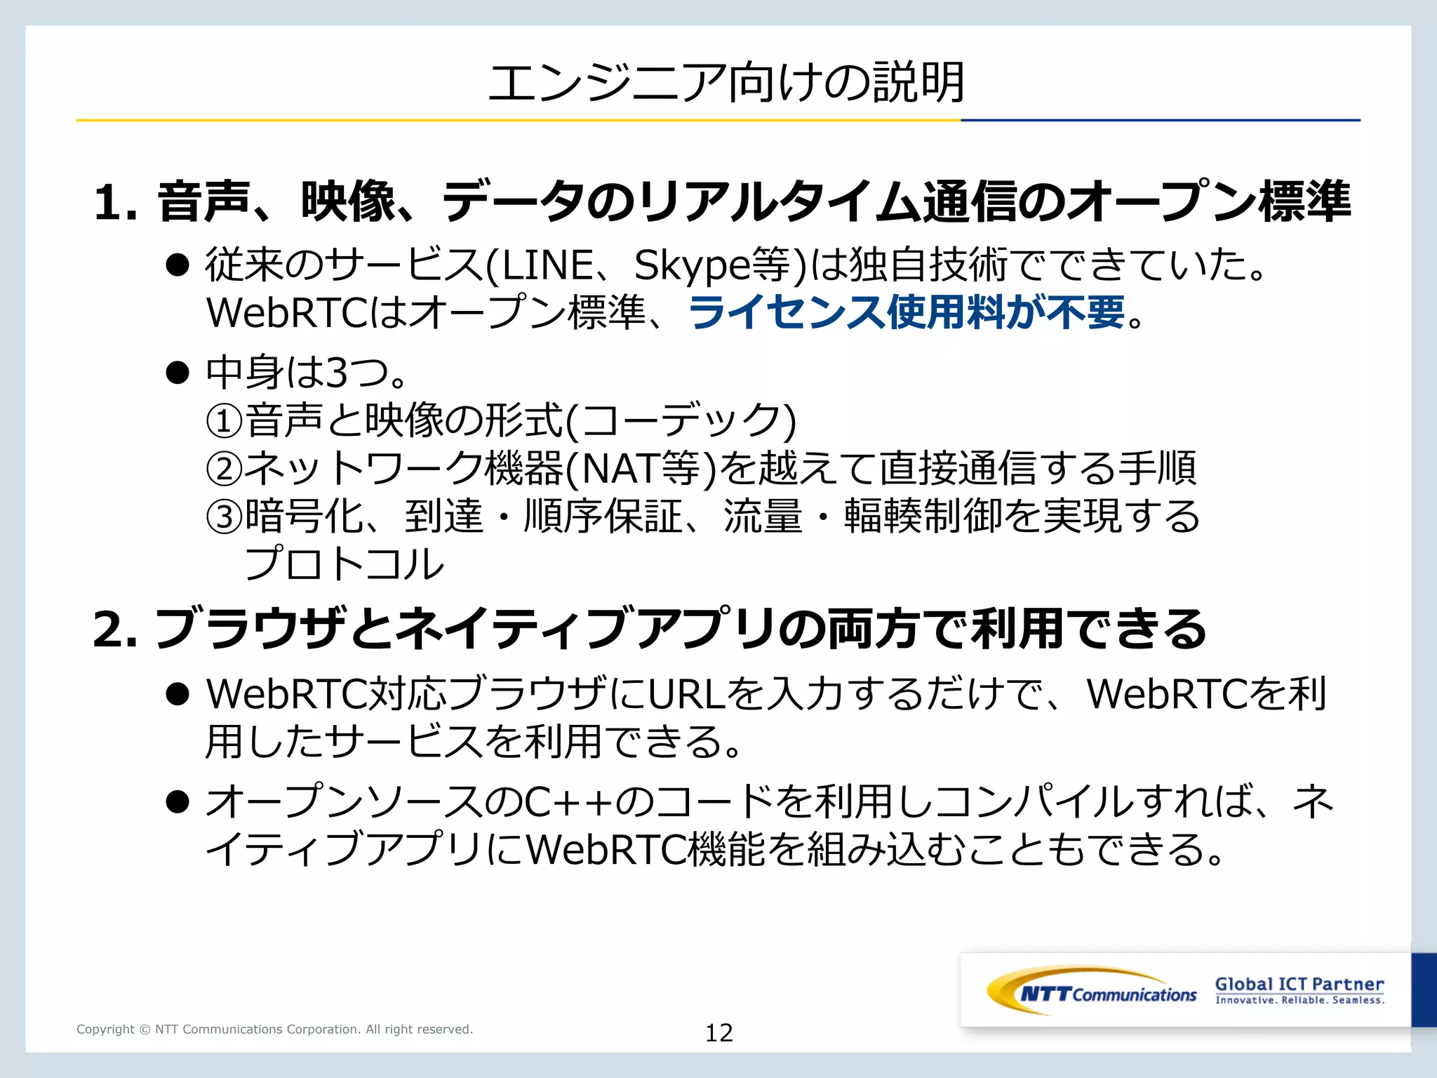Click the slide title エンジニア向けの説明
[x=726, y=83]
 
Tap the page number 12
[x=718, y=1032]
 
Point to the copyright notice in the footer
[x=274, y=1030]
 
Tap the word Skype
[x=691, y=267]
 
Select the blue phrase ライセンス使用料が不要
[x=907, y=312]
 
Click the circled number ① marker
[x=225, y=420]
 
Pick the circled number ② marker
[x=225, y=468]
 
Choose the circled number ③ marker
[x=225, y=517]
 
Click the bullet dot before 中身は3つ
[x=178, y=372]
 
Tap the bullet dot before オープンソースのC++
[x=178, y=801]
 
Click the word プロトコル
[x=344, y=564]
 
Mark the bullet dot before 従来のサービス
[x=178, y=265]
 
